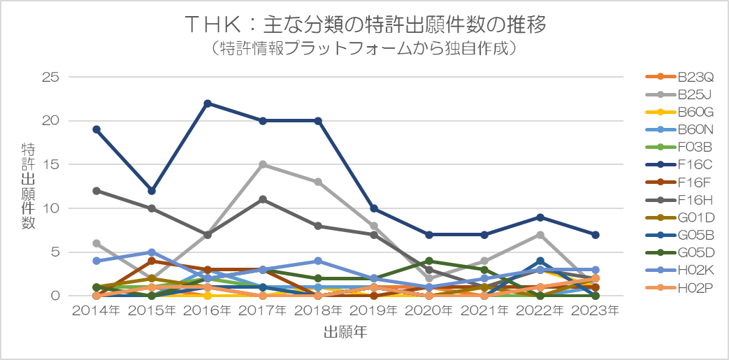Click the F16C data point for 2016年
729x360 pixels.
207,103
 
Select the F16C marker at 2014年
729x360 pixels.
96,129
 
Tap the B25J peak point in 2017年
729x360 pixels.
262,164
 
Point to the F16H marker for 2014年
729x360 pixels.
96,191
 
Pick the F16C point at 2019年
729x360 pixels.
373,208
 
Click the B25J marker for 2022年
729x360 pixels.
540,234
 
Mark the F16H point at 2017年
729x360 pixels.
262,199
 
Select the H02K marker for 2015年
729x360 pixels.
152,252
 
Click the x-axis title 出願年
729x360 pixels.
345,333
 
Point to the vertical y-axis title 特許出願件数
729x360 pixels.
29,185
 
